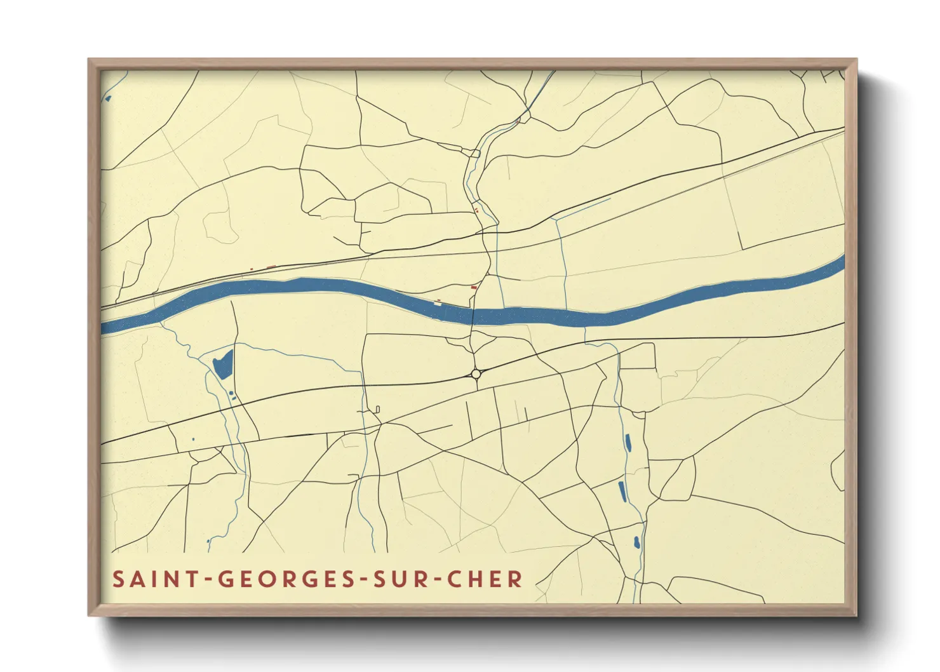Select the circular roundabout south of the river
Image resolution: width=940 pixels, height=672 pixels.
pos(476,374)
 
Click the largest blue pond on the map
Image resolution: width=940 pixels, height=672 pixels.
pos(223,365)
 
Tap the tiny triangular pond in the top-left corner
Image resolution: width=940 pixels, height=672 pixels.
pos(108,98)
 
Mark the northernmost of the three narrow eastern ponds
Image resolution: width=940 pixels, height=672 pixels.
pos(628,442)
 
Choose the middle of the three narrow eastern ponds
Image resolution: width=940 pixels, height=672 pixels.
pos(622,491)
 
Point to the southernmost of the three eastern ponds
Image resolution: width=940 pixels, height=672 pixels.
pos(636,542)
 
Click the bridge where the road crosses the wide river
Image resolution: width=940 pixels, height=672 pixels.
pos(473,314)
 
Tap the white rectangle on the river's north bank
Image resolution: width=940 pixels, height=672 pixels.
pos(437,303)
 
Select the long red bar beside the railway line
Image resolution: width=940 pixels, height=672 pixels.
pos(271,267)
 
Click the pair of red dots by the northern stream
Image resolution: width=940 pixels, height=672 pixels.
pos(476,210)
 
